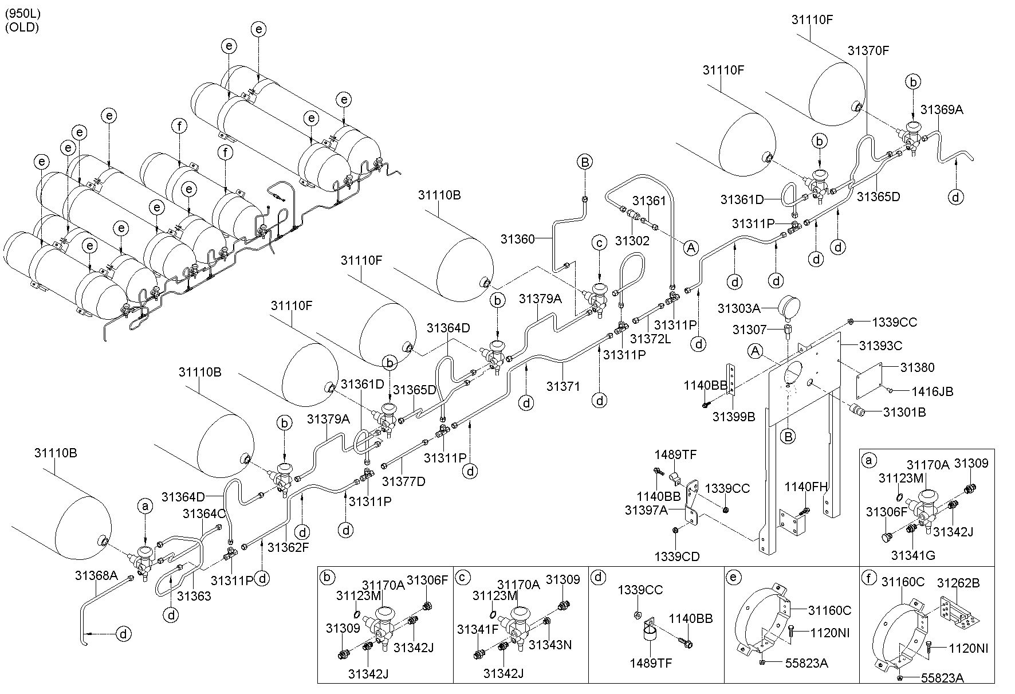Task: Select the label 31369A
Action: (x=942, y=109)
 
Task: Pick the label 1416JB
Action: (x=933, y=392)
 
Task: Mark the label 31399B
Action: (x=734, y=417)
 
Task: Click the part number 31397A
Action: (x=646, y=509)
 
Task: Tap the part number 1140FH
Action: (x=806, y=487)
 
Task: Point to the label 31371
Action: (x=564, y=386)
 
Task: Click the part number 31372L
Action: (x=650, y=339)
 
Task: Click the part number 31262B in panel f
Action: (x=958, y=583)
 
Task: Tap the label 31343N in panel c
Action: (x=550, y=644)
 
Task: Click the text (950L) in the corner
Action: (x=23, y=13)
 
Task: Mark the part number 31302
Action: (x=632, y=240)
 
